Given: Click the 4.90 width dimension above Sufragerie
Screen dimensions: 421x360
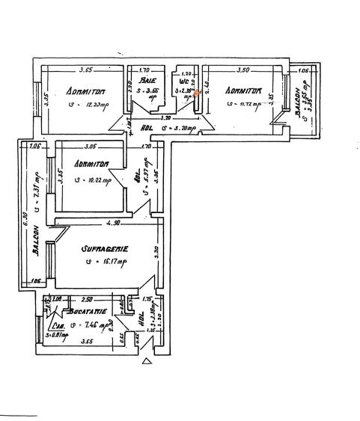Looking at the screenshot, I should (x=112, y=223).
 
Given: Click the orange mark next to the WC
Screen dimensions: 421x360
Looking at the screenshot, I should (x=198, y=93).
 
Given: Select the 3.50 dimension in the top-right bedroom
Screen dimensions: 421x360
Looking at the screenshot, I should (x=242, y=70).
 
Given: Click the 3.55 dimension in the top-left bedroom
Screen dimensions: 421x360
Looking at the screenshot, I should (x=85, y=70).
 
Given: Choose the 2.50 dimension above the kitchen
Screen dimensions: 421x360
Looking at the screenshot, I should (x=87, y=298).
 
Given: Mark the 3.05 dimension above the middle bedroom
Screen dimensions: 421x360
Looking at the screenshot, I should (x=91, y=147).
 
